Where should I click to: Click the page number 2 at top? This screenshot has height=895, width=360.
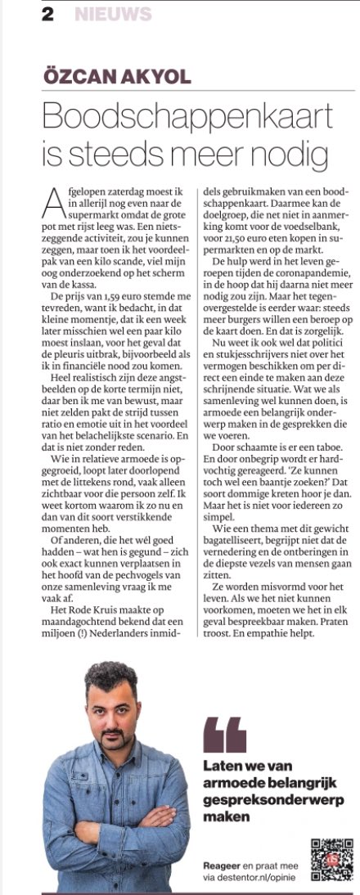click(x=48, y=14)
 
